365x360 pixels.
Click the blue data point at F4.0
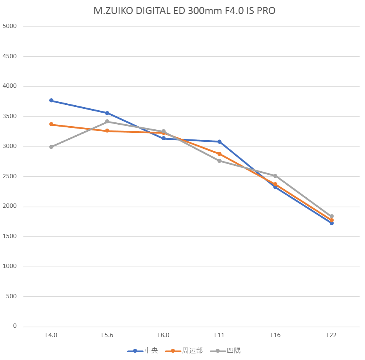click(51, 101)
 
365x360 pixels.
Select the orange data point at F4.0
click(51, 124)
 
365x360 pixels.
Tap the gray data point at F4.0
click(51, 147)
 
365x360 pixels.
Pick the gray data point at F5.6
click(107, 122)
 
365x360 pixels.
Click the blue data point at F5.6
click(107, 113)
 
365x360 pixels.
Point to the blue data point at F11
click(220, 142)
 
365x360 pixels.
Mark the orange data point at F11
click(220, 154)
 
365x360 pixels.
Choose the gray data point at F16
click(275, 176)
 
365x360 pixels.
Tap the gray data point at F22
click(332, 216)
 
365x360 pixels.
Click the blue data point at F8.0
click(163, 138)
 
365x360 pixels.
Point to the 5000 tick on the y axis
click(10, 26)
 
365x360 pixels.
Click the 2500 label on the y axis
click(10, 176)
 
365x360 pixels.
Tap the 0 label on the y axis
click(15, 326)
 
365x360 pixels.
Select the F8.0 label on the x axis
click(163, 335)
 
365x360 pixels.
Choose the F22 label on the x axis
click(332, 335)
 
